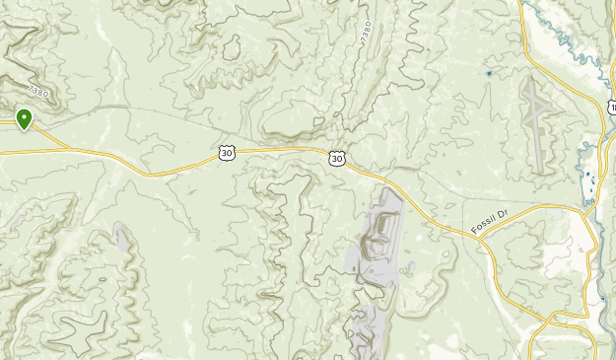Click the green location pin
click(x=24, y=119)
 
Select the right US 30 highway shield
click(x=337, y=158)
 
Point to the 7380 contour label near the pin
click(x=38, y=92)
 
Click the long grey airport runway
click(x=540, y=128)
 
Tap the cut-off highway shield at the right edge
click(x=612, y=107)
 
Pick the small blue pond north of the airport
click(x=489, y=73)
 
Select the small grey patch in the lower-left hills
click(x=121, y=237)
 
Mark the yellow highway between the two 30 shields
click(x=281, y=150)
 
